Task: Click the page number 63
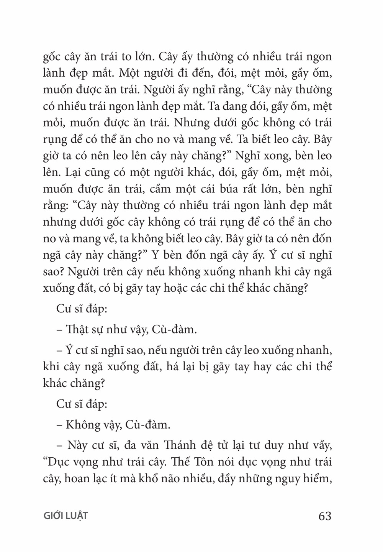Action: point(324,516)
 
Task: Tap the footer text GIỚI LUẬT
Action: point(65,516)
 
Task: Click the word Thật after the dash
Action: point(77,329)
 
